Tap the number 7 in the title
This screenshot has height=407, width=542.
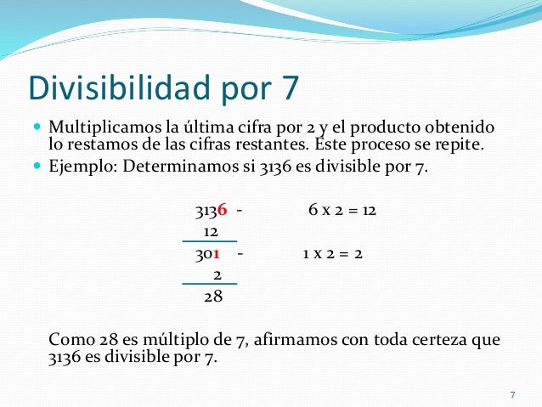[288, 88]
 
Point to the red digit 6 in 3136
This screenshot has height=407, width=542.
[222, 210]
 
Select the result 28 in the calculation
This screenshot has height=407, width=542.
[213, 297]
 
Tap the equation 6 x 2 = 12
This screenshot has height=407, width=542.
[342, 210]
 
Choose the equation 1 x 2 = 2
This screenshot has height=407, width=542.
[332, 253]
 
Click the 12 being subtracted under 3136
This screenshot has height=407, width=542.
[212, 231]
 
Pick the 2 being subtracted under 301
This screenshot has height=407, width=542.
[217, 274]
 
